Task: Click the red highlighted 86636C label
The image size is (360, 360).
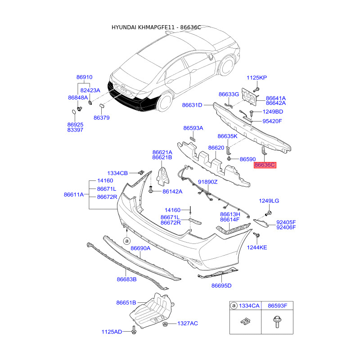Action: (265, 165)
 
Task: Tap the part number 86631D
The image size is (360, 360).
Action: (192, 105)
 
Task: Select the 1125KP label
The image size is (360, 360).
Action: (256, 78)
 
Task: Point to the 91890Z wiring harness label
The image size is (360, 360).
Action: (207, 182)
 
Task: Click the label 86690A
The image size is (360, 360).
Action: (140, 248)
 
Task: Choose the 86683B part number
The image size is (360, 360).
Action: (126, 279)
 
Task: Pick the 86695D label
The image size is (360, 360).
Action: (221, 285)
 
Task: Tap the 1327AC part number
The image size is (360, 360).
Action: (187, 323)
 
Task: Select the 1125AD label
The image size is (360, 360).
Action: (112, 332)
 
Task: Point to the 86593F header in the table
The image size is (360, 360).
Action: (277, 306)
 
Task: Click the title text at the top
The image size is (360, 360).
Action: (181, 27)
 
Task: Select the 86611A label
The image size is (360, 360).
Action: (74, 195)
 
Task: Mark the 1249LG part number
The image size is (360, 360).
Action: (269, 201)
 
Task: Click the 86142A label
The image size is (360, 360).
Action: (172, 191)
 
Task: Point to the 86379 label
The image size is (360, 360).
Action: (102, 117)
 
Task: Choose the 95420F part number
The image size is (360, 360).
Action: (273, 121)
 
